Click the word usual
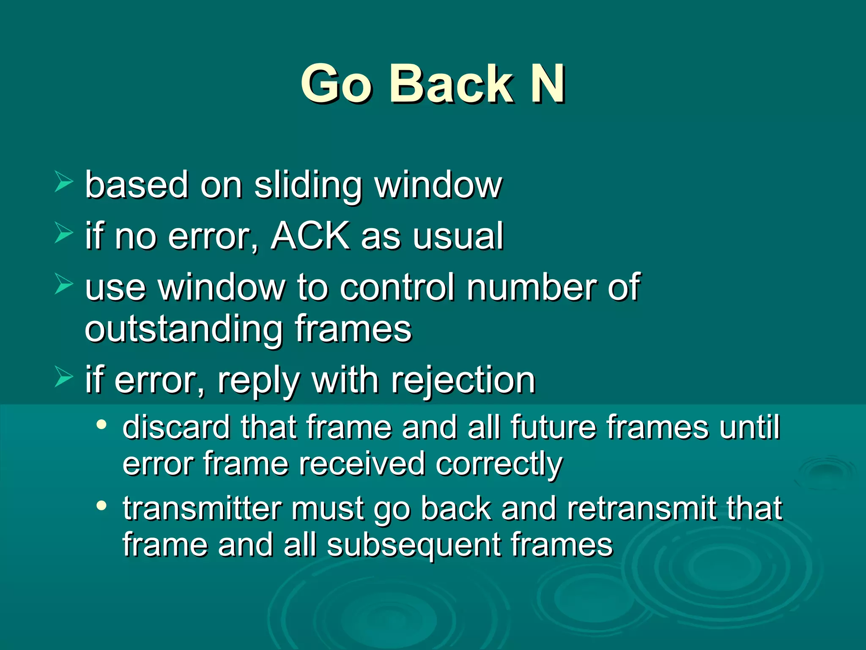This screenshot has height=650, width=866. coord(458,237)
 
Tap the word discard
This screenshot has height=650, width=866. coord(176,427)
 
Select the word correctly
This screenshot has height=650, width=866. coord(499,464)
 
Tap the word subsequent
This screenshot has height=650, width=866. coord(414,545)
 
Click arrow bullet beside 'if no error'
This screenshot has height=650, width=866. coord(63,234)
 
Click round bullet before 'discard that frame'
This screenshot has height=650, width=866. coord(101,424)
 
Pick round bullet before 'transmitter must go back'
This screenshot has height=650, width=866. coord(101,505)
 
